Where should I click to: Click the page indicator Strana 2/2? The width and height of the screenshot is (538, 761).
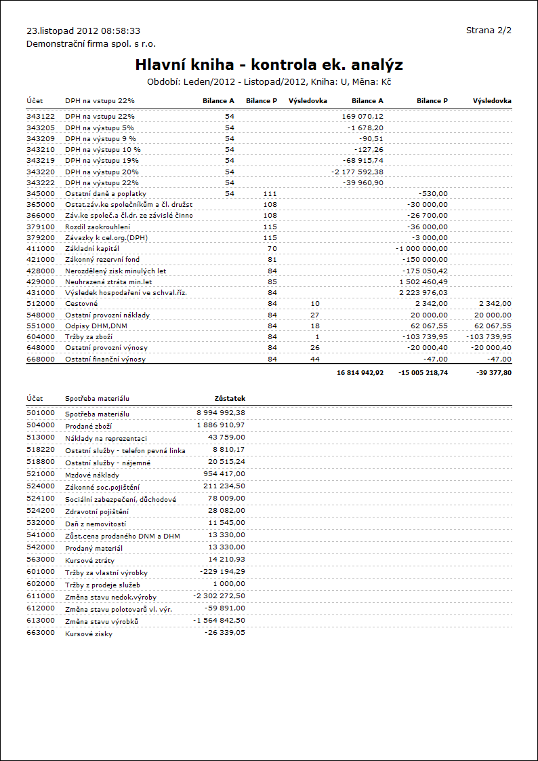[x=489, y=31]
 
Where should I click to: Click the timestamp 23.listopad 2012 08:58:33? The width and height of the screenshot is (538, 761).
[x=83, y=31]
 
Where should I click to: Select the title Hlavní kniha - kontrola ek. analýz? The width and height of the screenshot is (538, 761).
[x=269, y=65]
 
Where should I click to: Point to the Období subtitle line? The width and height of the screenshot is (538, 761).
[x=269, y=81]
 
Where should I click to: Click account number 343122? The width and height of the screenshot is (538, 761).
[x=41, y=117]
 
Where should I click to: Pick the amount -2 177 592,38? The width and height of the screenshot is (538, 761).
[x=357, y=172]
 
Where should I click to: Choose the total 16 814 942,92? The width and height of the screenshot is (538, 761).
[x=359, y=373]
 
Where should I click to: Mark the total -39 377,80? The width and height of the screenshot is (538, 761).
[x=493, y=373]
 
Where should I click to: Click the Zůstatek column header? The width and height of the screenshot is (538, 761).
[x=229, y=398]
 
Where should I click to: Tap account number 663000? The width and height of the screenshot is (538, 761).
[x=41, y=633]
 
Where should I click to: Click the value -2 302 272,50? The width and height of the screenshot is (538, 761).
[x=219, y=596]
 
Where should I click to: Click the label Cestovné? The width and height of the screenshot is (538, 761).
[x=81, y=304]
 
